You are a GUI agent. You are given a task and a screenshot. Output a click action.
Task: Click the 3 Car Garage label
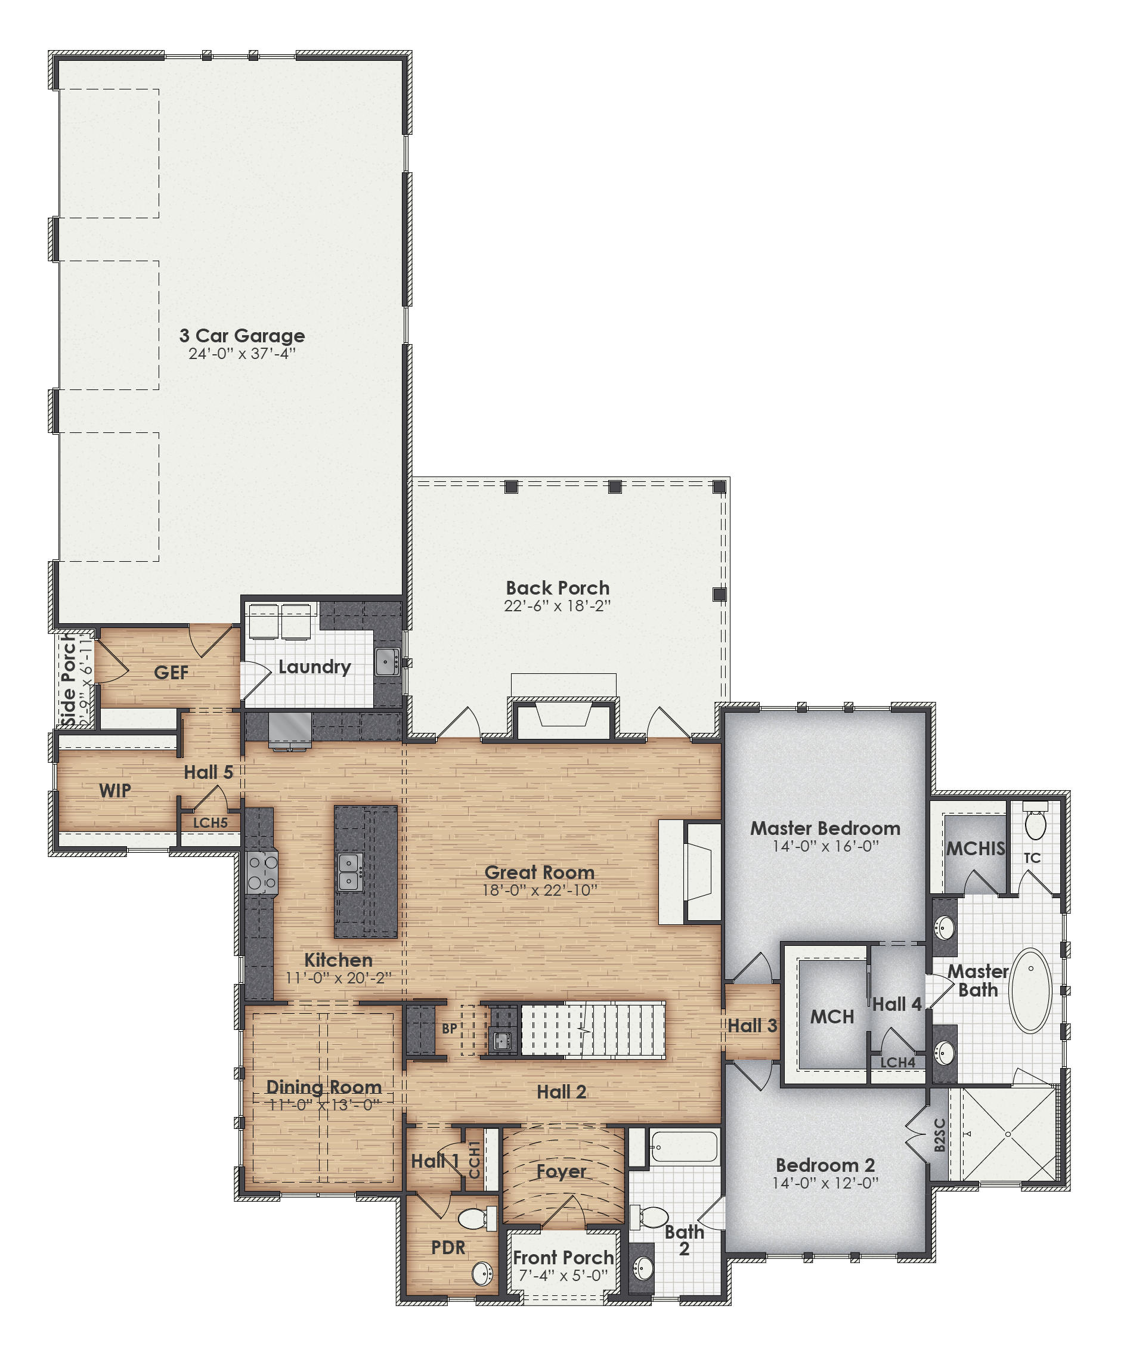point(241,335)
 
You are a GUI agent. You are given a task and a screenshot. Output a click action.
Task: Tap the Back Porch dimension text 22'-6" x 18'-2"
point(557,606)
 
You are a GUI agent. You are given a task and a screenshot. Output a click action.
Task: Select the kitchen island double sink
point(349,872)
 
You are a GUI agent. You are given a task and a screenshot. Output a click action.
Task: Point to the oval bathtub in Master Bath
point(1030,991)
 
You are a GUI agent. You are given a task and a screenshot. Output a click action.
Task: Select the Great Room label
point(539,872)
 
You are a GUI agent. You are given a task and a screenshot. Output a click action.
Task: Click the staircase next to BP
point(593,1030)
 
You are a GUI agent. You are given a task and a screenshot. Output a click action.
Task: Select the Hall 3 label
point(751,1026)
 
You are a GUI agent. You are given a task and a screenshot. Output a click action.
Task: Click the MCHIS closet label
point(975,849)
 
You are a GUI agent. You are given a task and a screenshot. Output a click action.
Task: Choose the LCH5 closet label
point(210,822)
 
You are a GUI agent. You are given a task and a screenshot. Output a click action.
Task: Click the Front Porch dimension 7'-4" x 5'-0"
point(562,1276)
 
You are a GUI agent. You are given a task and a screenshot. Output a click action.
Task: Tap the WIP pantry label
point(114,790)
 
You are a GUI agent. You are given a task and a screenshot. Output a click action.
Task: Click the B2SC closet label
point(939,1135)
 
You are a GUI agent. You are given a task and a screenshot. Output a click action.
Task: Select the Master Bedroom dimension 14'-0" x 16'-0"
point(825,846)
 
